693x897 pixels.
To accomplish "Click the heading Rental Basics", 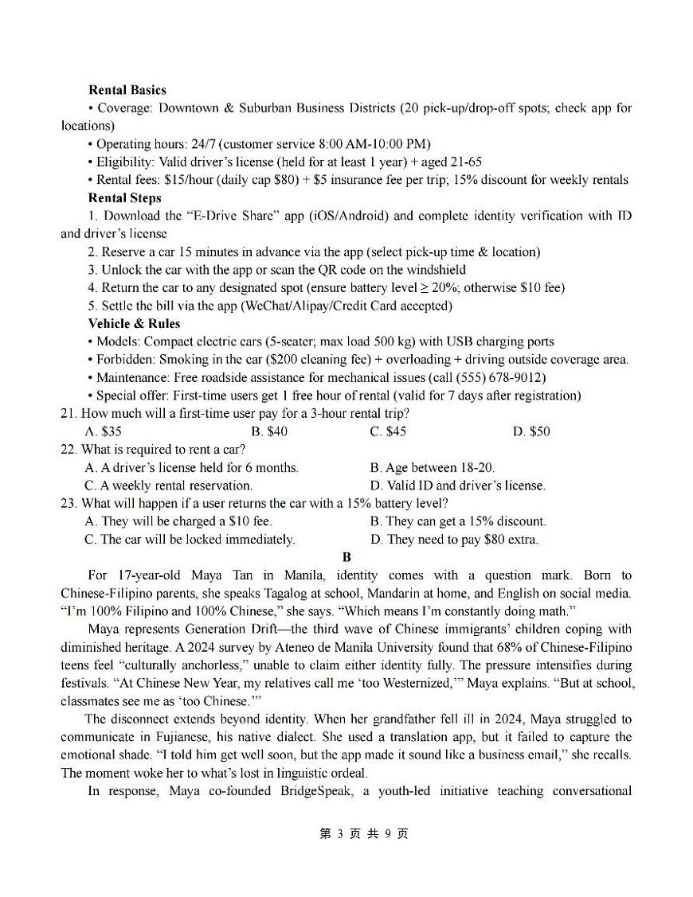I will coord(127,90).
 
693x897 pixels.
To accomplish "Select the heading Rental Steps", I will coord(124,198).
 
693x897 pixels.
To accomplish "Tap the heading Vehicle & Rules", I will coord(134,324).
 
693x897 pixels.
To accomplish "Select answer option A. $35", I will coord(103,431).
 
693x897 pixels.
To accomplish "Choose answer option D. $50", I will coord(531,431).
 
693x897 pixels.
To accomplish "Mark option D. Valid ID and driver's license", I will coord(458,486).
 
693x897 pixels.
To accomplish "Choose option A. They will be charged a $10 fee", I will coord(178,521).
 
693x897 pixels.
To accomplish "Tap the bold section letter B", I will coord(346,557).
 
